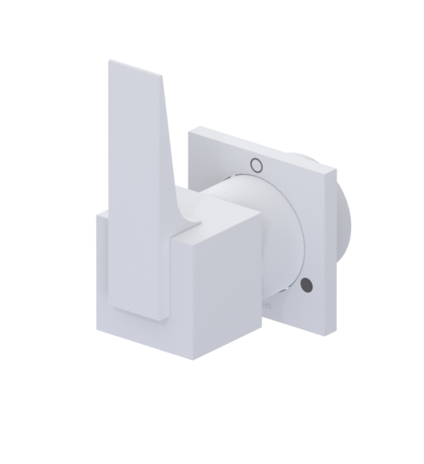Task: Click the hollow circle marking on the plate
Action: (256, 165)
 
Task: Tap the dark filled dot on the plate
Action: (307, 285)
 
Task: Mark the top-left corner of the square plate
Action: (190, 131)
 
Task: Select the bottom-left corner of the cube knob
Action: (97, 328)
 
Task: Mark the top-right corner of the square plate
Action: (336, 167)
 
